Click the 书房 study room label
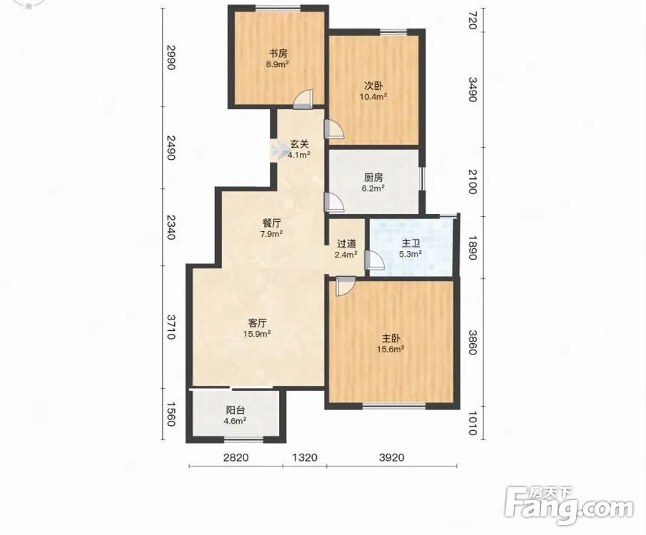coord(278,53)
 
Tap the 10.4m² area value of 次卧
coord(374,97)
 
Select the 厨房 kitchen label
coord(373,178)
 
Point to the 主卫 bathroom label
coord(410,243)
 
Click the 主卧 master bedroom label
coord(390,339)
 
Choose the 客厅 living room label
coord(257,323)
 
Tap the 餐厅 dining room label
coord(272,223)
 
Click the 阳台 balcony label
coord(236,410)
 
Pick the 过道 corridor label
coord(346,244)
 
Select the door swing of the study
coord(303,99)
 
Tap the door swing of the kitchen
coord(334,202)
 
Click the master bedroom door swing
coord(345,286)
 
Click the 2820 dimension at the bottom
coord(236,457)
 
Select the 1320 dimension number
coord(305,457)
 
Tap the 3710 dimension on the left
coord(171,327)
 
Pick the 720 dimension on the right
coord(472,21)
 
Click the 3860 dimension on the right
coord(472,342)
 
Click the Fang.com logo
coord(569,505)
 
